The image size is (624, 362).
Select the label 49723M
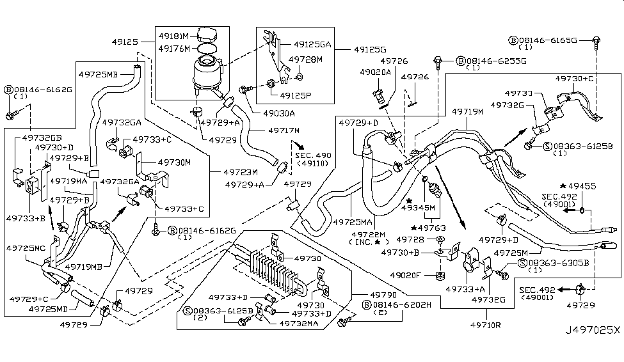[241, 171]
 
